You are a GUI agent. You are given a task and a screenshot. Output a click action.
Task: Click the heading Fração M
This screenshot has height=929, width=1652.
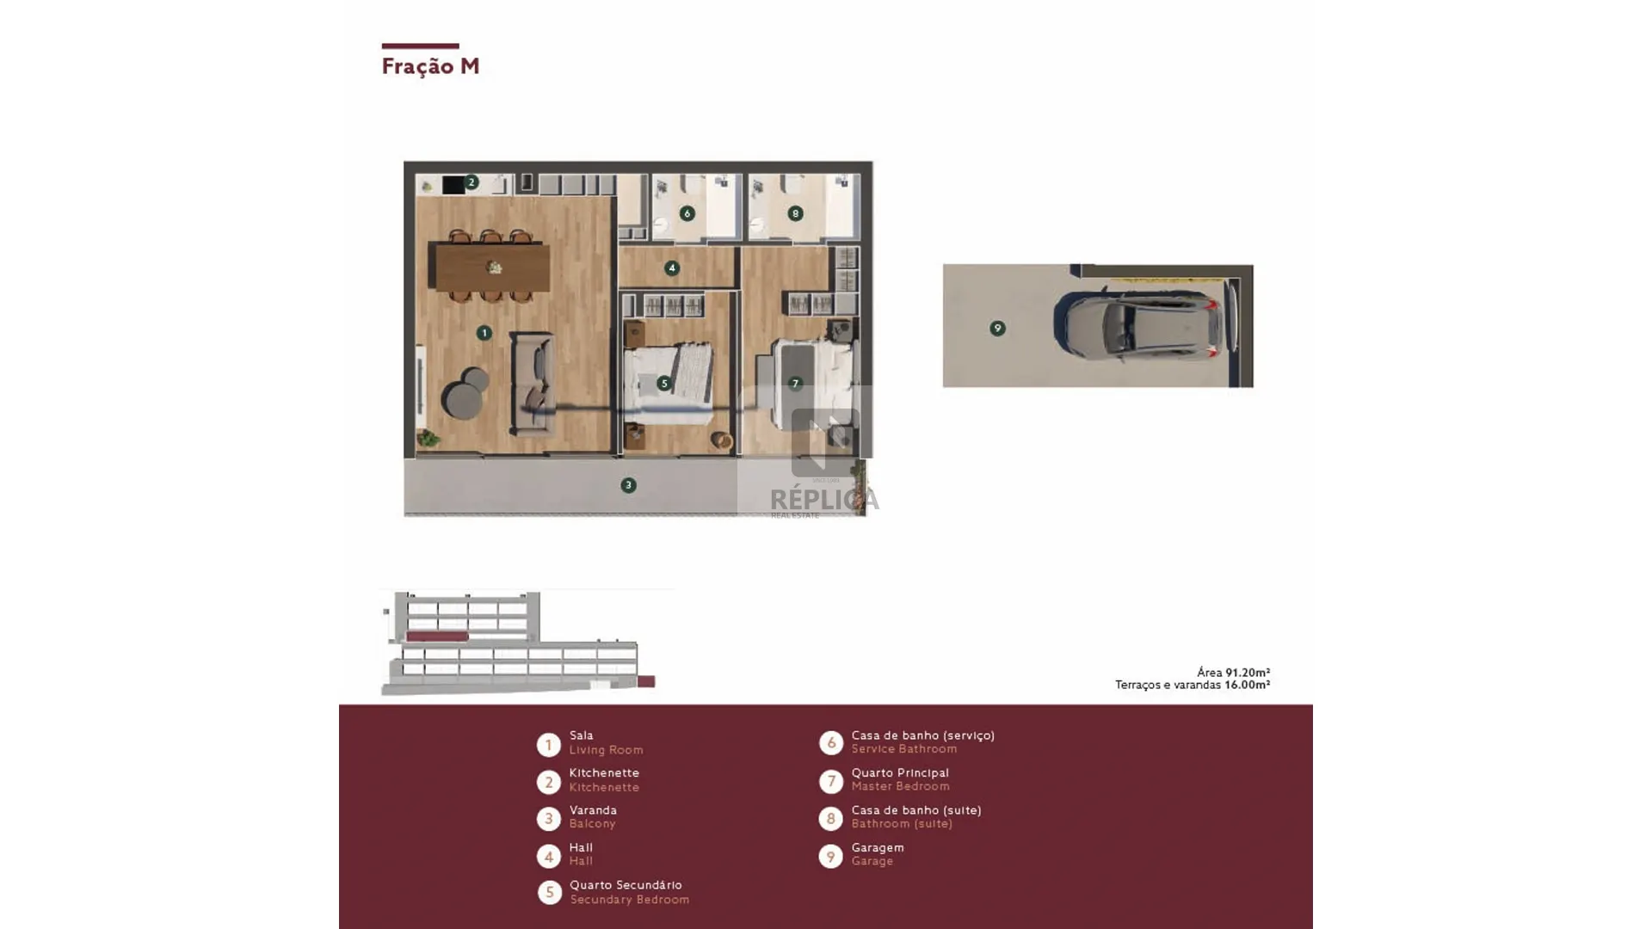pyautogui.click(x=430, y=66)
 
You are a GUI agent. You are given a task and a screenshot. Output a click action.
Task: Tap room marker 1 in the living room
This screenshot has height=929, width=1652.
pyautogui.click(x=484, y=332)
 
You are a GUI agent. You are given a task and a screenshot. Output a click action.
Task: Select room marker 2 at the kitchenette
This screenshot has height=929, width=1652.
pyautogui.click(x=471, y=182)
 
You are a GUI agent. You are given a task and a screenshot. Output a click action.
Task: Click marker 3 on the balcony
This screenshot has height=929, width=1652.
pyautogui.click(x=628, y=485)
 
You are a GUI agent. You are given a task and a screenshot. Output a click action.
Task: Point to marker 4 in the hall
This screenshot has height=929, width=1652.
pyautogui.click(x=672, y=268)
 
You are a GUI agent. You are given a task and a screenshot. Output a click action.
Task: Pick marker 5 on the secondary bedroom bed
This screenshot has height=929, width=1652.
pyautogui.click(x=663, y=384)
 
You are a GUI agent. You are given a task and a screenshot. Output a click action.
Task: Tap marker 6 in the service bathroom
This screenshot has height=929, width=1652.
pyautogui.click(x=687, y=213)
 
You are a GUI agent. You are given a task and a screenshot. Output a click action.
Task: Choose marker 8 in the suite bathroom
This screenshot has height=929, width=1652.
pyautogui.click(x=795, y=213)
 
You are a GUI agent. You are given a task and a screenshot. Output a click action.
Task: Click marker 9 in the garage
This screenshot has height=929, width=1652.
pyautogui.click(x=997, y=328)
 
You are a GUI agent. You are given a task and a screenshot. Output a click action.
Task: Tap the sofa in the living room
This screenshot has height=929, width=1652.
pyautogui.click(x=533, y=384)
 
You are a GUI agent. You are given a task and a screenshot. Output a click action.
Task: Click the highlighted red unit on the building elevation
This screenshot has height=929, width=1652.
pyautogui.click(x=437, y=637)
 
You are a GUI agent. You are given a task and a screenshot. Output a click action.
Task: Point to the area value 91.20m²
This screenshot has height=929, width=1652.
pyautogui.click(x=1248, y=673)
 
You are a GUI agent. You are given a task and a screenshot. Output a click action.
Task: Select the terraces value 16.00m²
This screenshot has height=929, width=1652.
pyautogui.click(x=1248, y=686)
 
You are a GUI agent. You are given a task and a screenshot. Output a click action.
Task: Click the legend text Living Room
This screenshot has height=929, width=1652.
pyautogui.click(x=606, y=750)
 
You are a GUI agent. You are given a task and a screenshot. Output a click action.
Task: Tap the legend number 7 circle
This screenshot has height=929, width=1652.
pyautogui.click(x=830, y=781)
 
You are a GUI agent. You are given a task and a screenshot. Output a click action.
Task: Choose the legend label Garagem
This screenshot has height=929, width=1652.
pyautogui.click(x=878, y=847)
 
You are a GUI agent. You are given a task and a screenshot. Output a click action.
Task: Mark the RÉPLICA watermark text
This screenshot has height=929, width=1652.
pyautogui.click(x=824, y=499)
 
